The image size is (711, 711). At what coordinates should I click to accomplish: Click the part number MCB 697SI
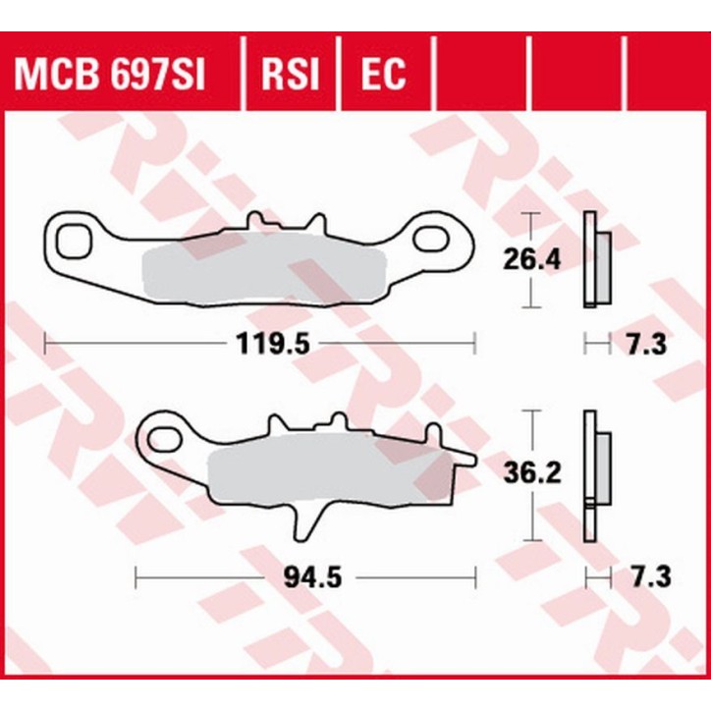point(108,75)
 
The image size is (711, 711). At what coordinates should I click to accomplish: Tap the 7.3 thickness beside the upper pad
point(646,344)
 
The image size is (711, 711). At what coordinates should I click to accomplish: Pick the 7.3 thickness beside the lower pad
point(646,577)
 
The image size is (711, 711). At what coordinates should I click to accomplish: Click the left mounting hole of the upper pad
point(72,239)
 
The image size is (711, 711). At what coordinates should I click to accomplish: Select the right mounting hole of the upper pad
point(433,238)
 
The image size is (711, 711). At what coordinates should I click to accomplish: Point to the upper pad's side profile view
point(594,259)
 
